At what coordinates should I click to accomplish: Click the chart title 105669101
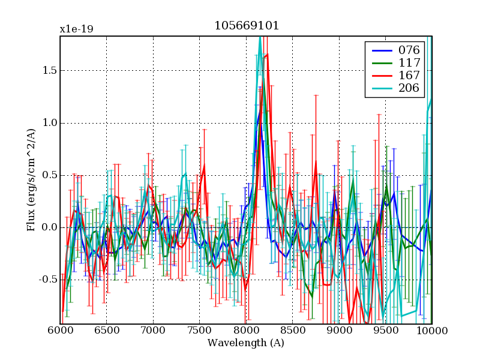pos(247,26)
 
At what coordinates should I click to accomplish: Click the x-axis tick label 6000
pos(60,331)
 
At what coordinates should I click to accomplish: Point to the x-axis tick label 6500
pos(106,331)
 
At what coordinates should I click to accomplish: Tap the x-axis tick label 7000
pos(153,331)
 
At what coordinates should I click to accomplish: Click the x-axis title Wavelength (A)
pos(246,343)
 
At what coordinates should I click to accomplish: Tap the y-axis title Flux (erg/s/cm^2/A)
pos(31,180)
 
